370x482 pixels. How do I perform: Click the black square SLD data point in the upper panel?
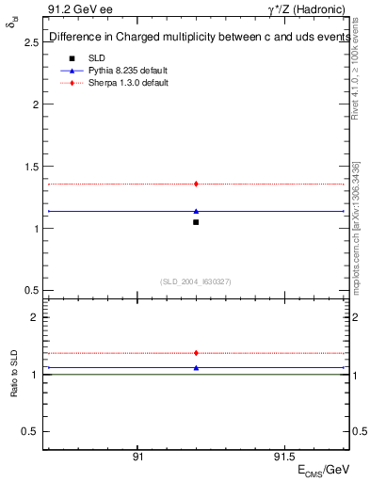tap(196, 222)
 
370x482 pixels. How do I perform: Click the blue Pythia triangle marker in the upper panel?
tap(196, 211)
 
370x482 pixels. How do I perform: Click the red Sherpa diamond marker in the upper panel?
tap(196, 184)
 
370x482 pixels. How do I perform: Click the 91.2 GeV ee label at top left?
tap(76, 8)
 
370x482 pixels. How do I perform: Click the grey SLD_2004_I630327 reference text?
tap(196, 281)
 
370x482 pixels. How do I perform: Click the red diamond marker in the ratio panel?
tap(196, 353)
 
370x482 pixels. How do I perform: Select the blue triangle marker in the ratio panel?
tap(196, 367)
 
